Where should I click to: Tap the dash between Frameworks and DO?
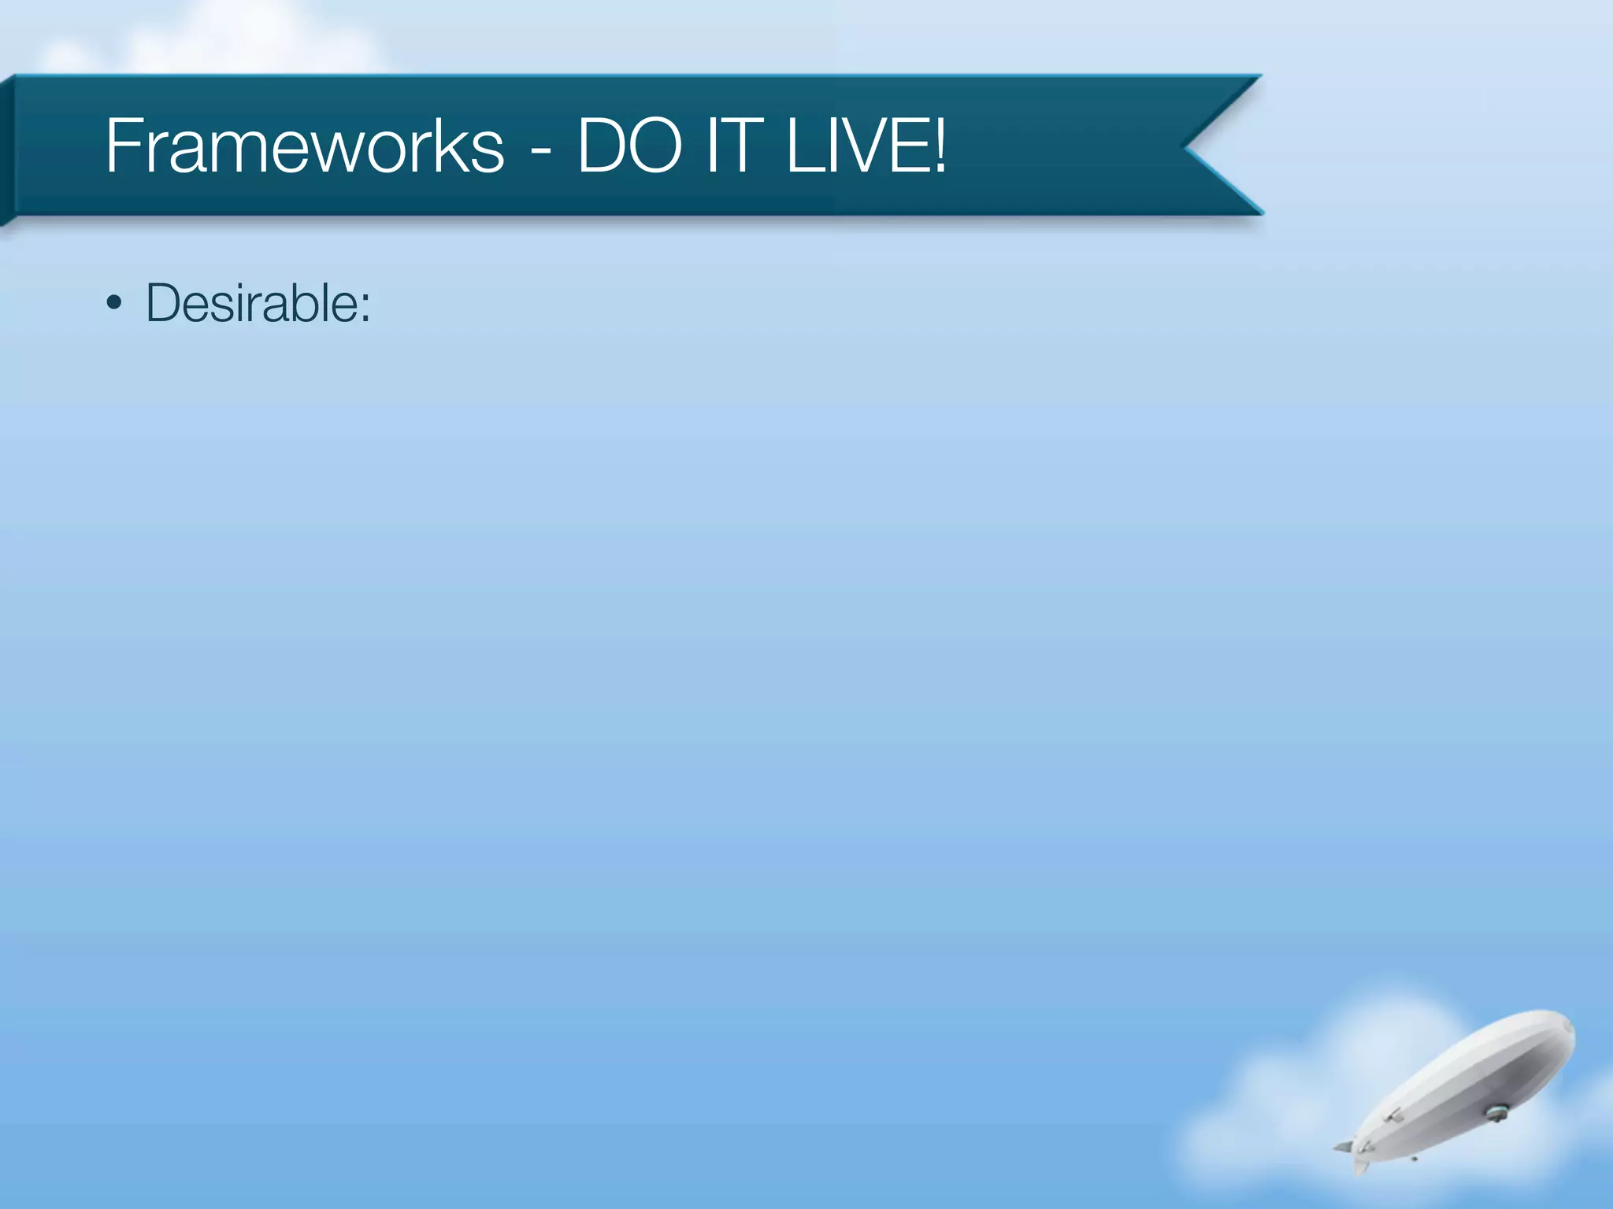[x=540, y=150]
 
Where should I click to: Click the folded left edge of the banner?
[x=7, y=150]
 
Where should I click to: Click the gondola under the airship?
[x=1496, y=1113]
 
